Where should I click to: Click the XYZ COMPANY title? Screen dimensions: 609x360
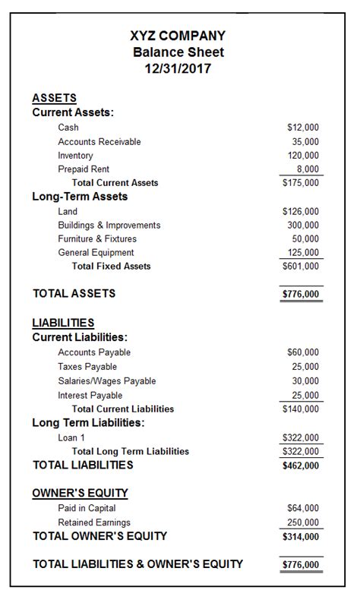coord(179,36)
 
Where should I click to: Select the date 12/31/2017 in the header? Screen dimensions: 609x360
coord(179,68)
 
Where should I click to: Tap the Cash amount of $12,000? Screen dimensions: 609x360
coord(303,128)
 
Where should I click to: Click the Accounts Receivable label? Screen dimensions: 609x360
coord(99,141)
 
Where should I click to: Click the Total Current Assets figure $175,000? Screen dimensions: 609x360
coord(301,183)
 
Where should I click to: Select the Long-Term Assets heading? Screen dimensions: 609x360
coord(80,197)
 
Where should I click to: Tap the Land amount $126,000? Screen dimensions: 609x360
coord(301,211)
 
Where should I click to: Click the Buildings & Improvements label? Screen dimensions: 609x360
coord(109,225)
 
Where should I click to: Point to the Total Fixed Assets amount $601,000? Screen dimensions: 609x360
coord(301,267)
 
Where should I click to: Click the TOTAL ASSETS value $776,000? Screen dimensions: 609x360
coord(301,294)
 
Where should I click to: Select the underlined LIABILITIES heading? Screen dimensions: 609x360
coord(63,322)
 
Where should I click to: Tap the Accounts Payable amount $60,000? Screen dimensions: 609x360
coord(303,352)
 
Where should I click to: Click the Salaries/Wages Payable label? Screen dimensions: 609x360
coord(106,380)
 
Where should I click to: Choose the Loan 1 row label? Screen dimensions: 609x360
coord(71,437)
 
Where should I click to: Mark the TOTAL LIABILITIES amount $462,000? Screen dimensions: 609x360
coord(301,465)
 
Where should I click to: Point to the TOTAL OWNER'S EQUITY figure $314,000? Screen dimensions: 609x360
coord(301,536)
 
